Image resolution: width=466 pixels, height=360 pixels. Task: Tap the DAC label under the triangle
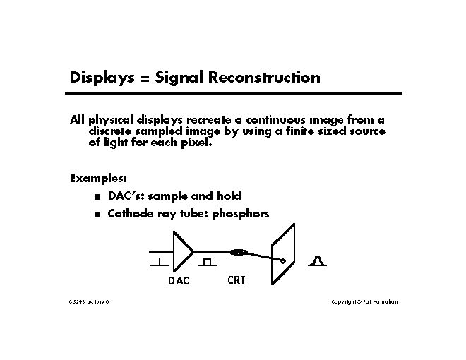pyautogui.click(x=179, y=281)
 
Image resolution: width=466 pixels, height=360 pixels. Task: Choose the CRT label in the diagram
pyautogui.click(x=237, y=280)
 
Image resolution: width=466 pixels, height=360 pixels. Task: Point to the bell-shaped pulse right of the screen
pyautogui.click(x=317, y=263)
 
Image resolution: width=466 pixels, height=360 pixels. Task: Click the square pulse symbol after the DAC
pyautogui.click(x=206, y=263)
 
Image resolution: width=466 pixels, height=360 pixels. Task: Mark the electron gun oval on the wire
pyautogui.click(x=238, y=251)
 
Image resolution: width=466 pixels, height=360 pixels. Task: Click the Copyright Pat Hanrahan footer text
pyautogui.click(x=365, y=301)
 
